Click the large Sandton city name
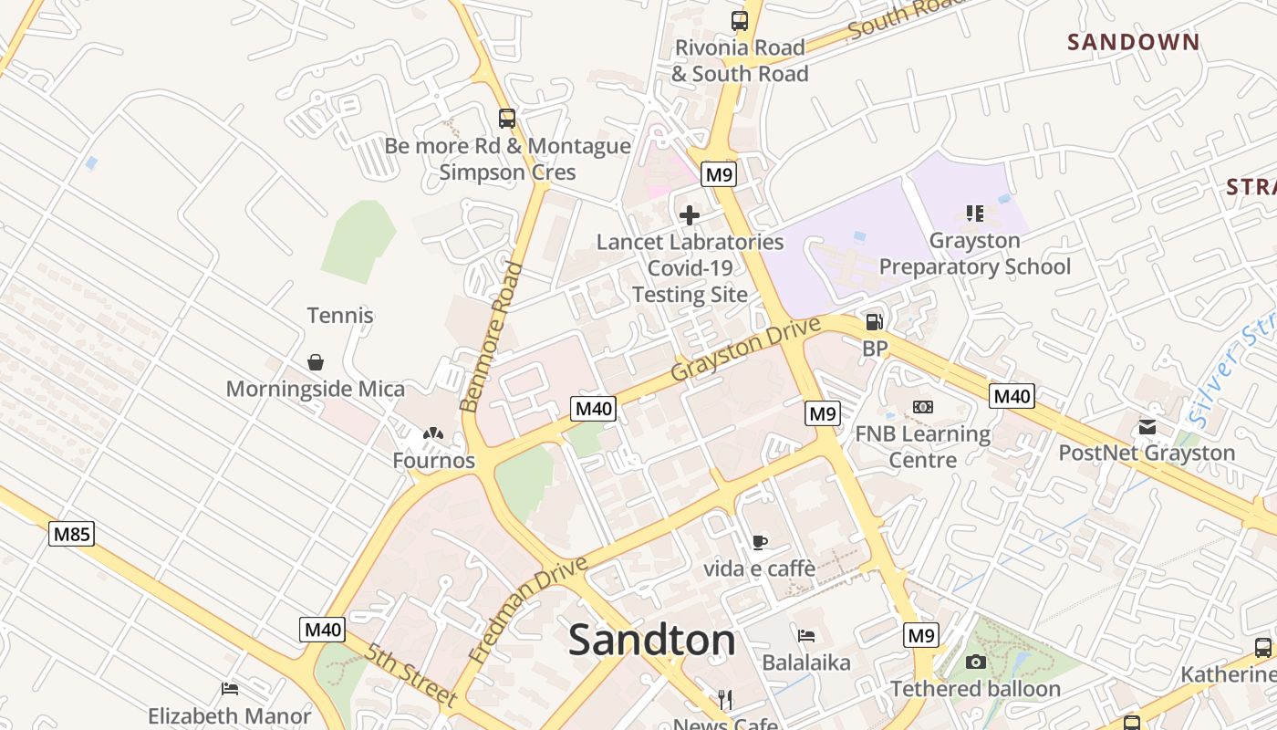point(651,641)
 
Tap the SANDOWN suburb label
point(1134,42)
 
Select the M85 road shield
point(71,534)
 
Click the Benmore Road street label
point(492,337)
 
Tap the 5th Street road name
point(410,675)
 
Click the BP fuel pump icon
point(874,321)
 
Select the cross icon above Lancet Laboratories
point(690,215)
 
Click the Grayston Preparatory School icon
point(974,214)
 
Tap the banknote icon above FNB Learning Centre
point(922,407)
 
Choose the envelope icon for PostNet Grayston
point(1147,426)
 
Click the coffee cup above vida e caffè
point(759,542)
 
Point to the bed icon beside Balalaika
point(806,635)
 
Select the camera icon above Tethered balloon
point(975,662)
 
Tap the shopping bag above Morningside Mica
point(316,362)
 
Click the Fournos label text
point(434,461)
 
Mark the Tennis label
point(340,316)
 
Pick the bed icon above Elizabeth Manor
point(230,689)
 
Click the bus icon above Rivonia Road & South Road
point(740,20)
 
